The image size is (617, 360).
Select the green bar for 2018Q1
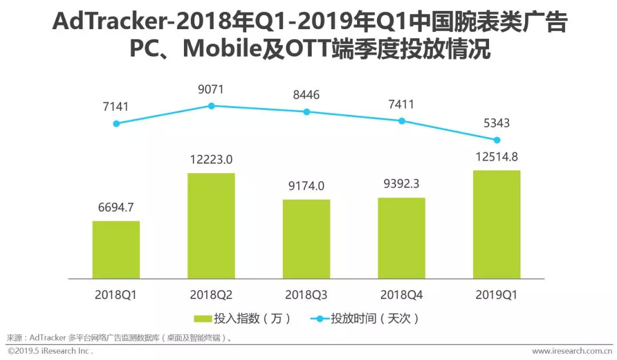(x=116, y=249)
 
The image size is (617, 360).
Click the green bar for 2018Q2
(x=211, y=225)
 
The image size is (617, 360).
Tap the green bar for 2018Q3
(x=306, y=239)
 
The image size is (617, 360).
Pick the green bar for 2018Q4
(x=401, y=238)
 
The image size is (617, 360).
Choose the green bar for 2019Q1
(x=496, y=224)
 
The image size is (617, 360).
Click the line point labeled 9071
(x=211, y=106)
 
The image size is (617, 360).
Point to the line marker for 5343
(x=497, y=140)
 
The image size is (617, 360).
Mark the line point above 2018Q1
(x=117, y=123)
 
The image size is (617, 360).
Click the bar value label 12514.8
(x=496, y=157)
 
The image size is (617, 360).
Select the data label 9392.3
(x=401, y=185)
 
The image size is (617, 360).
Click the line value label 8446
(x=306, y=95)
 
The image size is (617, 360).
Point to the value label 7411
(x=401, y=104)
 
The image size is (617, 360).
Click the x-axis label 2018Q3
(x=306, y=295)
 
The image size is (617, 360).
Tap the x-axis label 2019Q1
(x=496, y=295)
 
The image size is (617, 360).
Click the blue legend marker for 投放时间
(x=320, y=318)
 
